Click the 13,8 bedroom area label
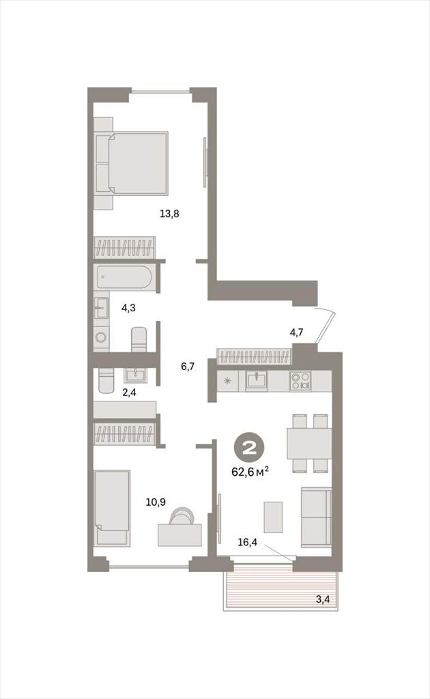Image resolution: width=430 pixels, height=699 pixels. pos(169,214)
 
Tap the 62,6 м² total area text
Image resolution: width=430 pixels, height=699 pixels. pos(250,471)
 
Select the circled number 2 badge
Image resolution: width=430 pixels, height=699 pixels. pos(250,448)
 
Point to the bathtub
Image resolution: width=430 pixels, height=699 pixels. pos(124,277)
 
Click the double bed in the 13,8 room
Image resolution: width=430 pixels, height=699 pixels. pos(132,163)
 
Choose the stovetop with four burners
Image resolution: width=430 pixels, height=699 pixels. pos(300,381)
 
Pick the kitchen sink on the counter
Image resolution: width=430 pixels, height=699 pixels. pos(257,381)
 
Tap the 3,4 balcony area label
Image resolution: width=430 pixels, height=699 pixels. pos(323,599)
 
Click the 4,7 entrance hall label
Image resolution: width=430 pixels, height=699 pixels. pos(297,332)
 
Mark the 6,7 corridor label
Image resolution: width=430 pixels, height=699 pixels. pos(188,367)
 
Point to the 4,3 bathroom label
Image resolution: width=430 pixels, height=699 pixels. pos(128,308)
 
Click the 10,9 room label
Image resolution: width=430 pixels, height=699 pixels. pos(156,502)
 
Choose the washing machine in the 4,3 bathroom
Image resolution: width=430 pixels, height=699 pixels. pos(101,337)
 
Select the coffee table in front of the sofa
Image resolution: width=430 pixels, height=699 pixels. pos(273,517)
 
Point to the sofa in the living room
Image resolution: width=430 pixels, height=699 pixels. pos(316,517)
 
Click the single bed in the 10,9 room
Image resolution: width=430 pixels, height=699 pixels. pos(113,508)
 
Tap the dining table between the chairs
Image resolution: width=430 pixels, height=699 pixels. pos(309,444)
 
